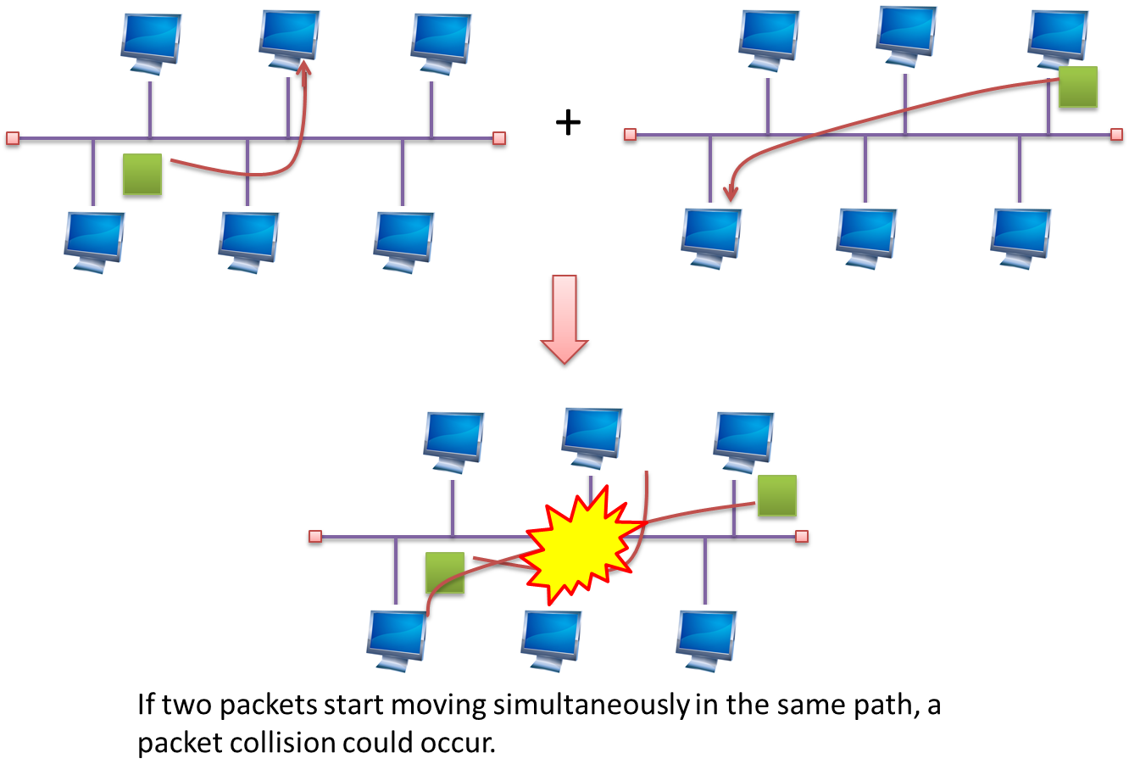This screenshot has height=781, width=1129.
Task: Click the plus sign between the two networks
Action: [x=568, y=123]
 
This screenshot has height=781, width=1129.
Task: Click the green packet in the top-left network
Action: [x=142, y=175]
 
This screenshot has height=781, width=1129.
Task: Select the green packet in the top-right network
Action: [x=1078, y=87]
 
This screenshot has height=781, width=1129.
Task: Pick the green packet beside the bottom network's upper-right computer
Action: [x=777, y=496]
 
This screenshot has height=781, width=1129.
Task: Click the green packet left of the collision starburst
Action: [x=445, y=574]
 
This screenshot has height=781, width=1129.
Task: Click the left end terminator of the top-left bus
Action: [x=12, y=138]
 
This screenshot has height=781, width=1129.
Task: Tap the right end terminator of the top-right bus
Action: [x=1116, y=134]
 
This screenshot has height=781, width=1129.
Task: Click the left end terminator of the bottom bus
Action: [x=315, y=537]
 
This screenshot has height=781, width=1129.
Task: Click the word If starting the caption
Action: [x=146, y=706]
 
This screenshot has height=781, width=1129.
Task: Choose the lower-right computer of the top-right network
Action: [x=1020, y=238]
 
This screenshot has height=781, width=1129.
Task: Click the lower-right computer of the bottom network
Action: [x=705, y=640]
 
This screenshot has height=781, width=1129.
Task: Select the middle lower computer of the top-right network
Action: [x=865, y=238]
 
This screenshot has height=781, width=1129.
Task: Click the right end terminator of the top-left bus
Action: [x=499, y=138]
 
